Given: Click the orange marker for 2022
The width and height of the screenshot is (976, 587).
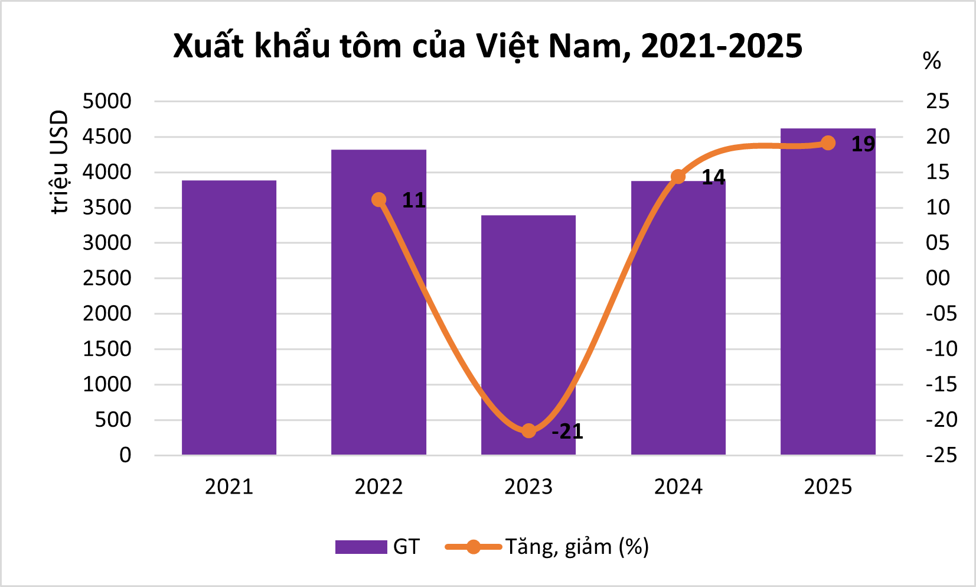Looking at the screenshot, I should pyautogui.click(x=379, y=200).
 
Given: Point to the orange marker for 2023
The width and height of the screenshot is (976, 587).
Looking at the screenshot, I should pyautogui.click(x=528, y=430).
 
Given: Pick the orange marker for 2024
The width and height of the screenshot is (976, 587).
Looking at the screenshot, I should pyautogui.click(x=678, y=176).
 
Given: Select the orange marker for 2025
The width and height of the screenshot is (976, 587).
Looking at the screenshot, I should pyautogui.click(x=828, y=143).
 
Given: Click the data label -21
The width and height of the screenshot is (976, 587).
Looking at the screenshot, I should pyautogui.click(x=567, y=432).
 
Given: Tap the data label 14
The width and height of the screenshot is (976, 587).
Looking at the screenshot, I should pyautogui.click(x=713, y=177).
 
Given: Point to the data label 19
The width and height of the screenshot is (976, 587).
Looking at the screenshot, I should pyautogui.click(x=863, y=144).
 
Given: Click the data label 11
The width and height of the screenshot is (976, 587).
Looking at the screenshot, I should pyautogui.click(x=414, y=201).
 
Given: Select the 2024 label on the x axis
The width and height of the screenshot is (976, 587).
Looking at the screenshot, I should pyautogui.click(x=678, y=487).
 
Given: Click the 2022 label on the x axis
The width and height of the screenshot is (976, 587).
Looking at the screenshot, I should pyautogui.click(x=378, y=487).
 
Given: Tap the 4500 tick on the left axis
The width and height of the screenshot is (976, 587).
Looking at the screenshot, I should pyautogui.click(x=107, y=137).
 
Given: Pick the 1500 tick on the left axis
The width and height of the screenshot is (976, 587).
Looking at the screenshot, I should pyautogui.click(x=107, y=349).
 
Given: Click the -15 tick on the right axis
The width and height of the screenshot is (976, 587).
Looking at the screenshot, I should pyautogui.click(x=941, y=384).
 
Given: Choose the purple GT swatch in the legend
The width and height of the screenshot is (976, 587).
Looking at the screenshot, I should pyautogui.click(x=361, y=547).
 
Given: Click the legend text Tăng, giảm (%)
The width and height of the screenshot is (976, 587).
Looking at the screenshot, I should pyautogui.click(x=577, y=547).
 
